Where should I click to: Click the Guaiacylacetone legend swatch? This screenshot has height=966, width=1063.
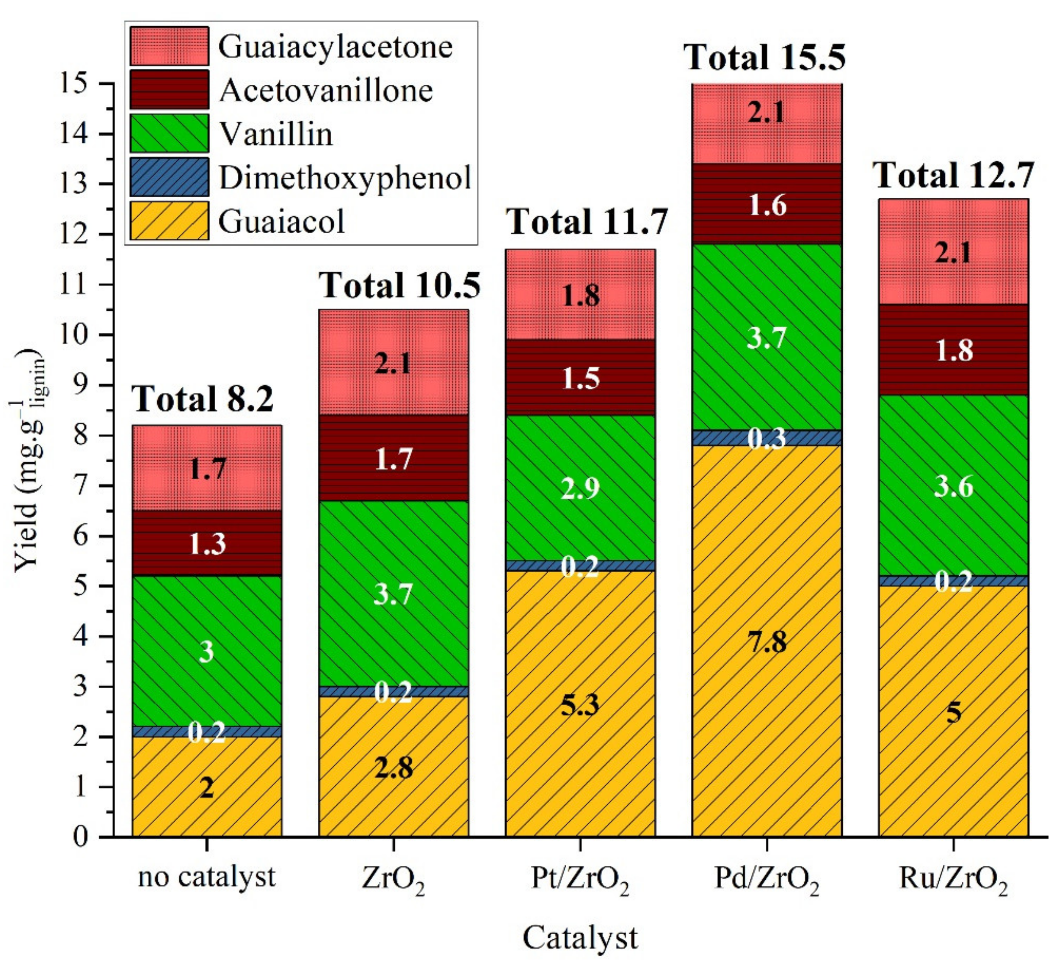coord(169,46)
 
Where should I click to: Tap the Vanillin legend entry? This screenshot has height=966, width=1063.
coord(276,134)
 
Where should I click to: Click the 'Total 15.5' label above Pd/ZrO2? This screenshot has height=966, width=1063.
coord(764,57)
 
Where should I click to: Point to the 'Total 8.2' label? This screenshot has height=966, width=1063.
coord(203,399)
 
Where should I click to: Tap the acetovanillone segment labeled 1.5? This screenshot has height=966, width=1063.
coord(580,378)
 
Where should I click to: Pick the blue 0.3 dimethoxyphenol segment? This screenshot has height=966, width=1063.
coord(767,438)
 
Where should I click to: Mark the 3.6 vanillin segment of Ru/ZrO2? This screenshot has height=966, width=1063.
coord(953,486)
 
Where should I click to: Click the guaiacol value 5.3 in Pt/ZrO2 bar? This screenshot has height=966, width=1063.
coord(580,705)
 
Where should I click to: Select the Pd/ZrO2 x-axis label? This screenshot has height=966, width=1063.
coord(767,879)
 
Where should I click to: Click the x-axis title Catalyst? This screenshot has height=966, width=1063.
coord(580,937)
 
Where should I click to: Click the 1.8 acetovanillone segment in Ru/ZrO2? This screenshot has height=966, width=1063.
coord(953,350)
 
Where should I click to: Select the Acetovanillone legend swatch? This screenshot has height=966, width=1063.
coord(169,90)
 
